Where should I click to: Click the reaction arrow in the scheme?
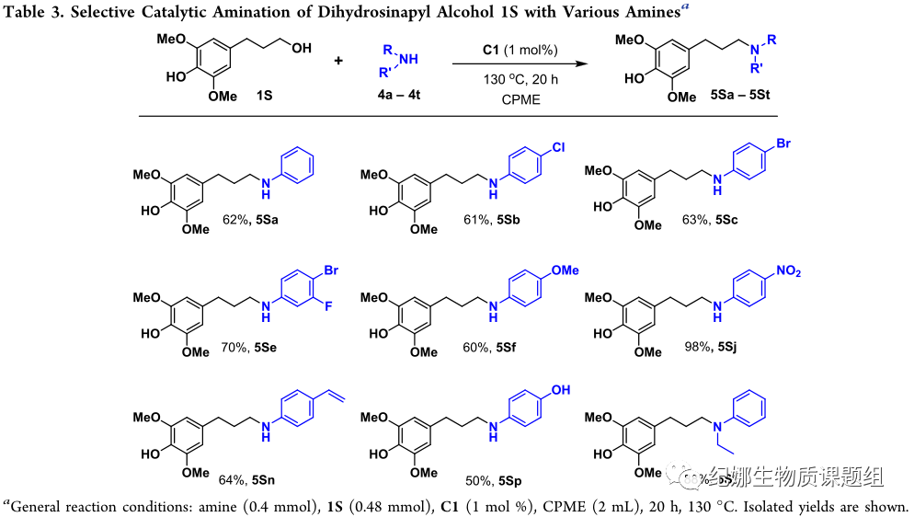coord(518,65)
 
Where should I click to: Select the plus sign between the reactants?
coord(339,62)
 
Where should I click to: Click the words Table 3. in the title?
coord(34,10)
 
